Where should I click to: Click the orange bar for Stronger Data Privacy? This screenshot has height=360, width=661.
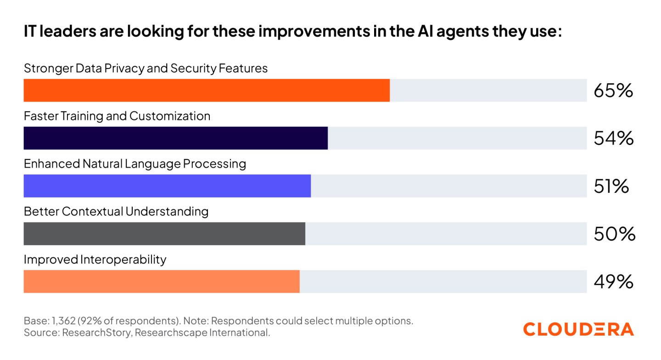point(207,90)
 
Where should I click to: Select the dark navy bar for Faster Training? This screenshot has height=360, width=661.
point(176,138)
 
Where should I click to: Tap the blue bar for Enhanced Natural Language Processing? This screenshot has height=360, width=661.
point(167,186)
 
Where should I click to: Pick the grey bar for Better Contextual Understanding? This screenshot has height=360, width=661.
point(164,234)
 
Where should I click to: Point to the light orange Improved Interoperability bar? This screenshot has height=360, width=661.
point(162,281)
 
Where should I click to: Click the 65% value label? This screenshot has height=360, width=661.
point(613,91)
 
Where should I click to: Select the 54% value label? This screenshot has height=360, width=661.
point(613,139)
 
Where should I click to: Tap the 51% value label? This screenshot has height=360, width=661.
point(611,186)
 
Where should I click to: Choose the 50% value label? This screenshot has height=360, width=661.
point(614,234)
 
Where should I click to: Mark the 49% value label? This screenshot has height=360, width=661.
point(613,282)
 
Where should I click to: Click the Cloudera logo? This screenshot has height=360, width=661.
point(578,329)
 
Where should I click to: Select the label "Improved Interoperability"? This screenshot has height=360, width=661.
point(95,259)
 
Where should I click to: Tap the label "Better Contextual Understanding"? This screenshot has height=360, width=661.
point(116,212)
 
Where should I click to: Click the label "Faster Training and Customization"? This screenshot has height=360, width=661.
point(117,116)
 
